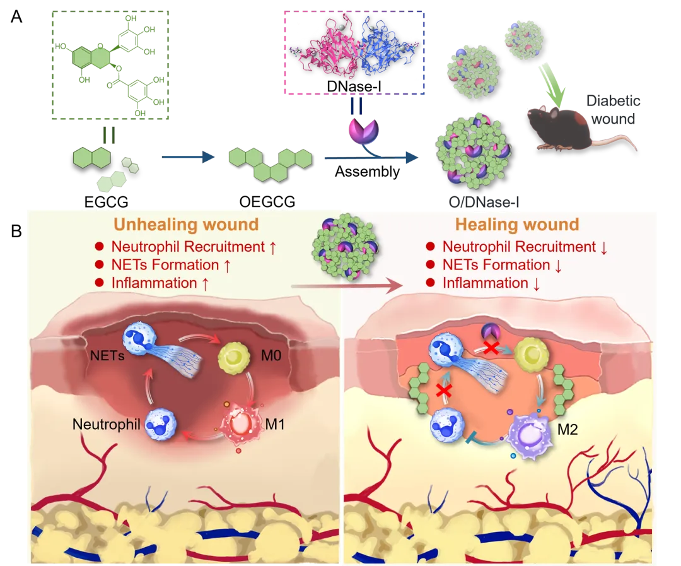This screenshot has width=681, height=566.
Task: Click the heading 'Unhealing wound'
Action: click(185, 225)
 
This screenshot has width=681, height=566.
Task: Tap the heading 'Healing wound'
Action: click(517, 225)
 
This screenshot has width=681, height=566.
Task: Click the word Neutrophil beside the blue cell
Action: click(106, 424)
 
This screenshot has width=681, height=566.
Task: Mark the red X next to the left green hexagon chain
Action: click(444, 389)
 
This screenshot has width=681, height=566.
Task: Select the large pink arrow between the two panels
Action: click(347, 286)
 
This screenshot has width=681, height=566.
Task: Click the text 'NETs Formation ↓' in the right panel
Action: click(502, 265)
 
